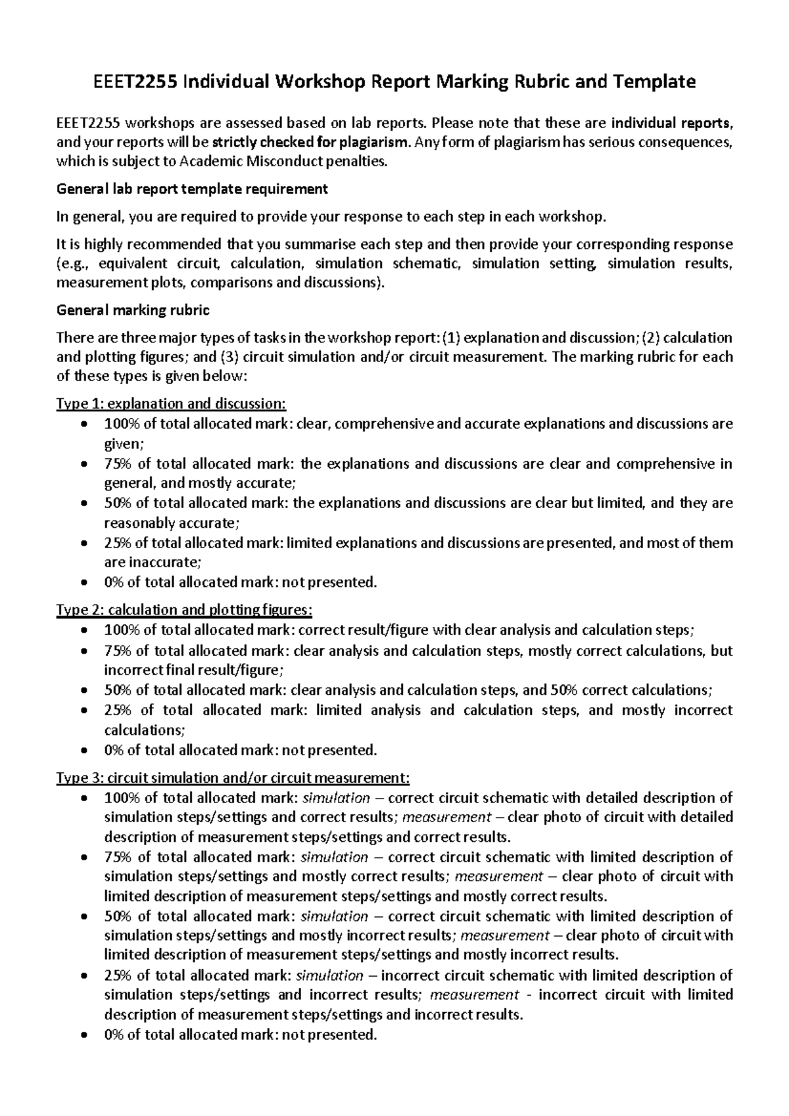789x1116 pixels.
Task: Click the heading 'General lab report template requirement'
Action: tap(192, 189)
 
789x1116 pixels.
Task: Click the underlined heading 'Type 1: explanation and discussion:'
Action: tap(172, 403)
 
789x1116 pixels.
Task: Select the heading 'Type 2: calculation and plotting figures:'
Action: tap(184, 610)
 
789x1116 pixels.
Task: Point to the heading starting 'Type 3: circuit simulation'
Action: tap(233, 778)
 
